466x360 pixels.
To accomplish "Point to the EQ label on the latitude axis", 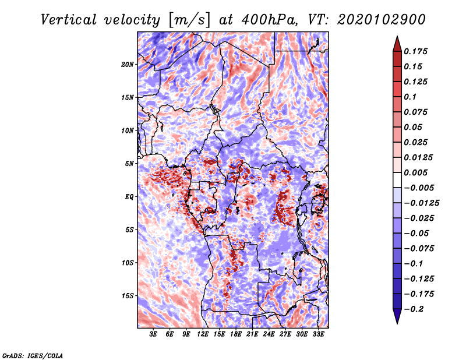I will point(130,197).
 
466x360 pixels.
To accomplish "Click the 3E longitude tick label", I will point(154,334).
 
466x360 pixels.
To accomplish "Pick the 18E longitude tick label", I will point(236,334).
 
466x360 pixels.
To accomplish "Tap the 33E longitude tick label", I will point(319,334).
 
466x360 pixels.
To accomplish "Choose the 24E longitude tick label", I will point(269,334).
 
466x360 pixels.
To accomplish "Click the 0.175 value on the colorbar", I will point(416,51).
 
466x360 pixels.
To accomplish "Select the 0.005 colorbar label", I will point(416,173).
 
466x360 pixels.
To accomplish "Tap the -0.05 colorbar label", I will point(416,234).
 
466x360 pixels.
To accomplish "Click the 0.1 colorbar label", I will point(411,97).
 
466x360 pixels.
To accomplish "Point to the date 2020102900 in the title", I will point(373,20).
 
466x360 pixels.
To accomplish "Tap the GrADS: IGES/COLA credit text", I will point(32,355).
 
